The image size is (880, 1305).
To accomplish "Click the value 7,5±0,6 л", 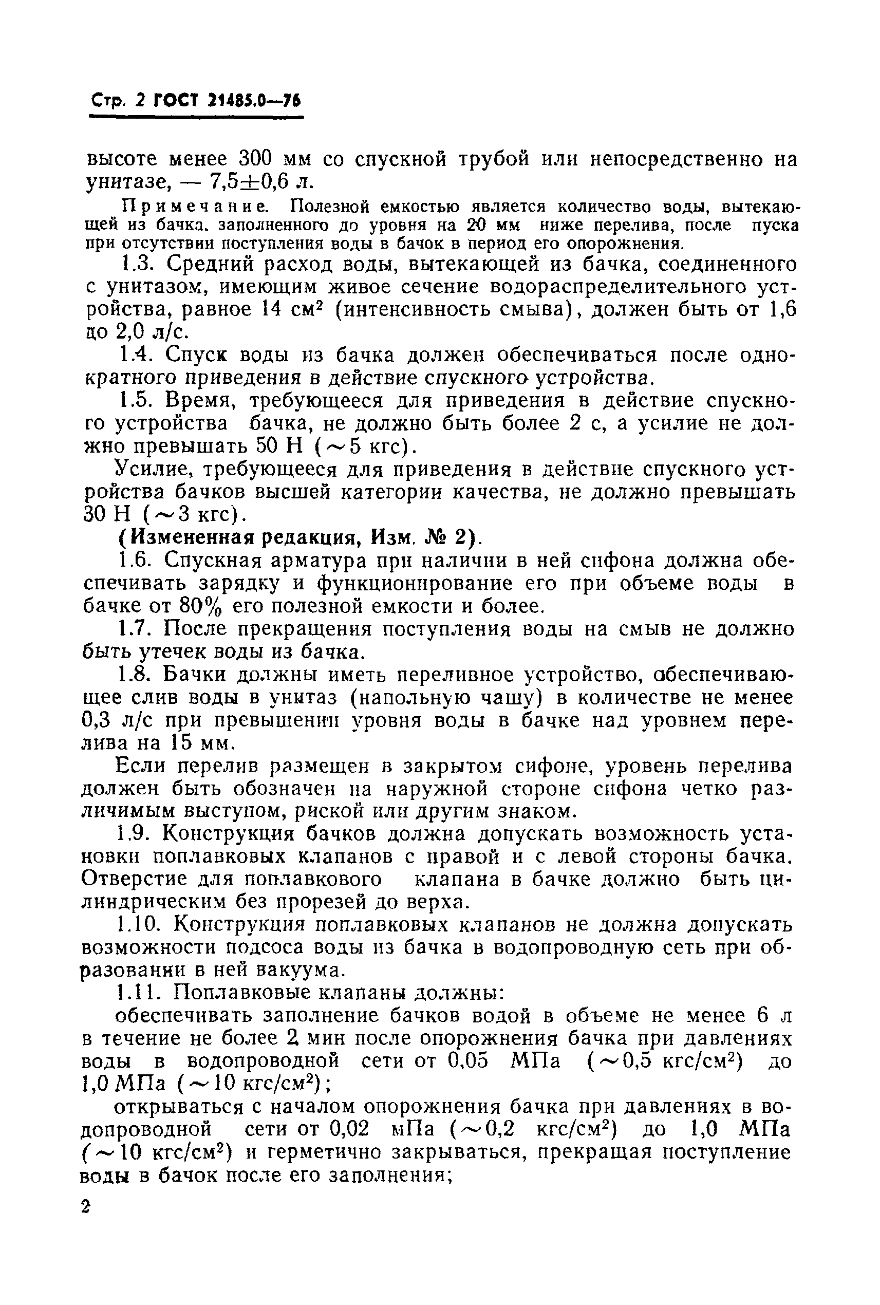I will [x=261, y=182].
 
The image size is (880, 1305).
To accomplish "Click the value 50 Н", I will [x=279, y=447].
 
